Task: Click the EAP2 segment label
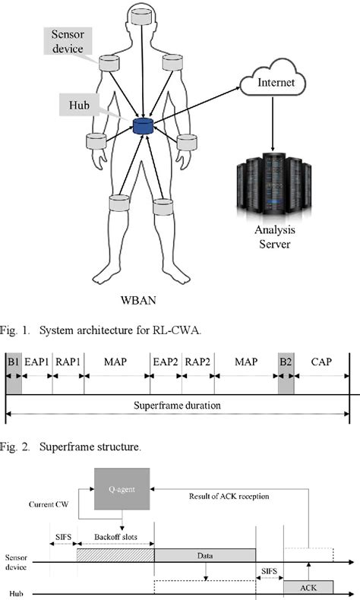[x=165, y=362]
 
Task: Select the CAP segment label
[x=321, y=362]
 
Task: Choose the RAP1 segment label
[x=68, y=362]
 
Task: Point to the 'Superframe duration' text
[x=178, y=406]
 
